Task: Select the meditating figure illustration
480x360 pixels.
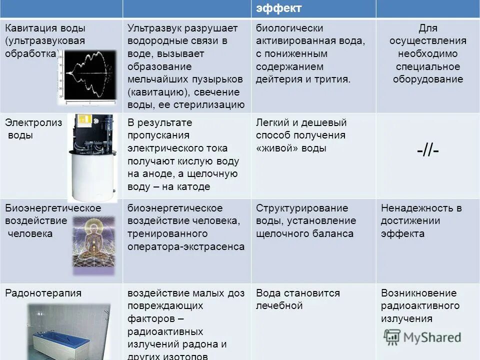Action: pyautogui.click(x=93, y=244)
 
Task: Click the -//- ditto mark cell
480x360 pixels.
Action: pyautogui.click(x=427, y=150)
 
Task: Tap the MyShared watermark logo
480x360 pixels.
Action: pyautogui.click(x=422, y=337)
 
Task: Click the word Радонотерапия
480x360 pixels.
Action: pyautogui.click(x=43, y=293)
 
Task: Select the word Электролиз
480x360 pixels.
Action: pyautogui.click(x=33, y=122)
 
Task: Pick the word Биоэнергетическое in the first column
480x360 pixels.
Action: pyautogui.click(x=53, y=208)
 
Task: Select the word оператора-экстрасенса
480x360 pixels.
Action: pyautogui.click(x=186, y=246)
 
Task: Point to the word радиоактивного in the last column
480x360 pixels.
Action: pyautogui.click(x=420, y=305)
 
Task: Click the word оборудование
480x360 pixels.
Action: pyautogui.click(x=428, y=79)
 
